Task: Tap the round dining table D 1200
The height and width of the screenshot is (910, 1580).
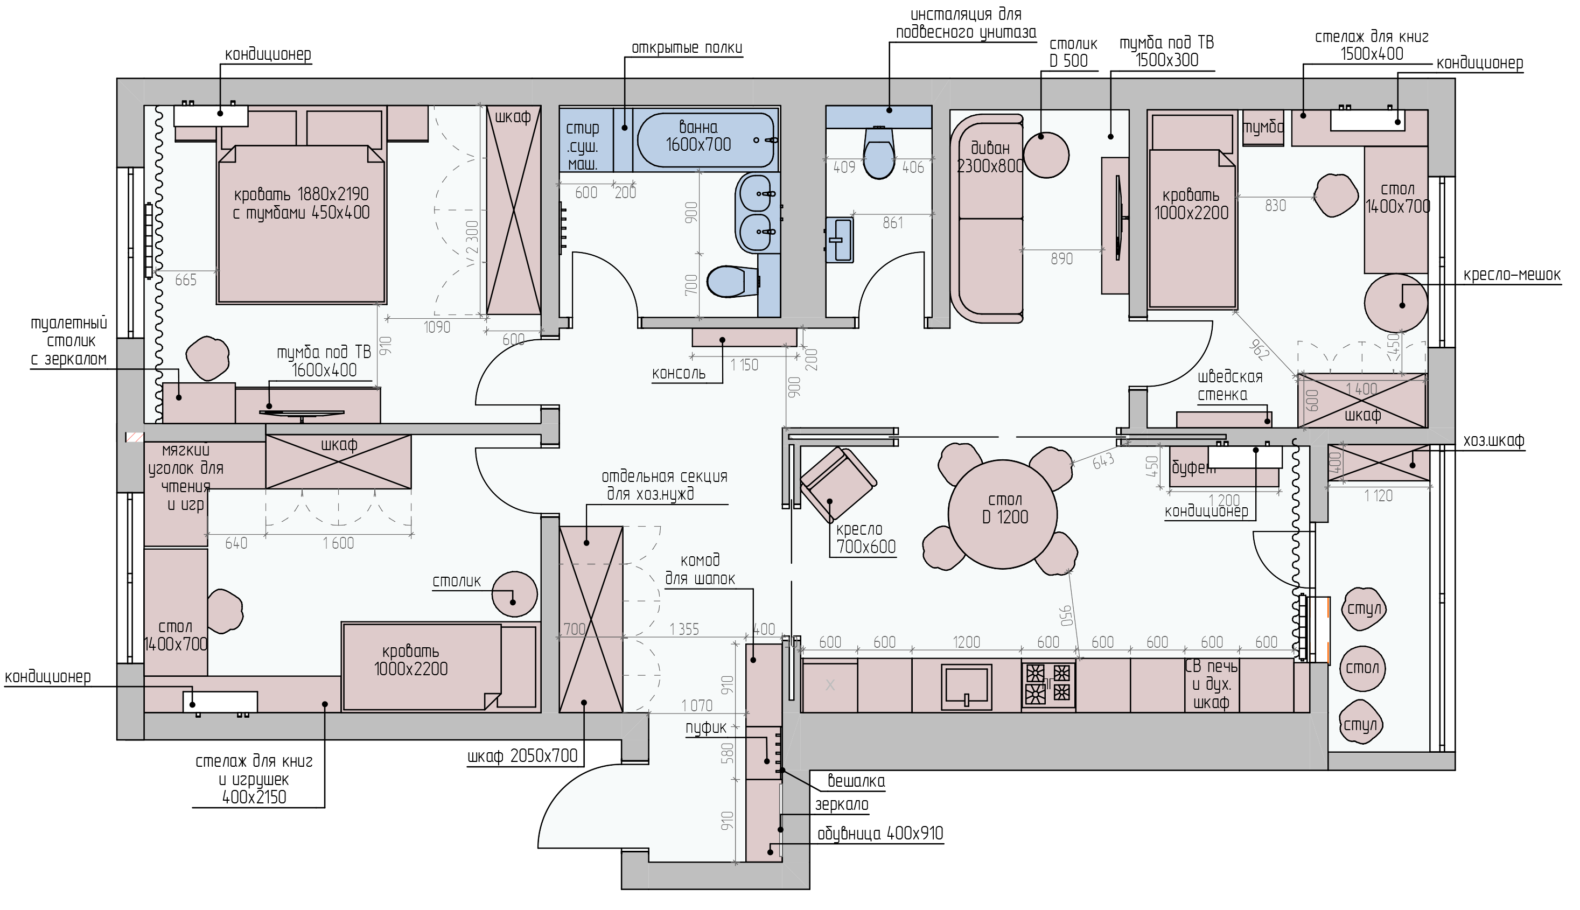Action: (x=1003, y=514)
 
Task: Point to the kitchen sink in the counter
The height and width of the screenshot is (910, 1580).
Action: (x=966, y=685)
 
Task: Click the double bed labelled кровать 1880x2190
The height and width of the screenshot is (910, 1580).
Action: (x=300, y=225)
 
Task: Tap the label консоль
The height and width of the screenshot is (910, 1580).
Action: (x=678, y=374)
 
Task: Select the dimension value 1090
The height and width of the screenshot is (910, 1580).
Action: (x=436, y=327)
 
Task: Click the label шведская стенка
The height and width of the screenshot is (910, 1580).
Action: (x=1229, y=386)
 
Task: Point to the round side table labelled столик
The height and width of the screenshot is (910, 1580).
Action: (x=514, y=594)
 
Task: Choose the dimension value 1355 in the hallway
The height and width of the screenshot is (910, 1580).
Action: (x=684, y=629)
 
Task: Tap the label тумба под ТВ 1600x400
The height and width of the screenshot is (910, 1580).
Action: (x=324, y=361)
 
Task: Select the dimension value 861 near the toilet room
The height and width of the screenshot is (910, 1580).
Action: (x=892, y=223)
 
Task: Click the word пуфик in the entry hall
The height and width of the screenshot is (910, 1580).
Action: (x=705, y=727)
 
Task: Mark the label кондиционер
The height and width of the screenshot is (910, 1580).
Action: (x=1206, y=511)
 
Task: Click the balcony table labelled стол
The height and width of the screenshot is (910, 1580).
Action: (x=1362, y=668)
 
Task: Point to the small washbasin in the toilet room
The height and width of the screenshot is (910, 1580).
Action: (x=840, y=240)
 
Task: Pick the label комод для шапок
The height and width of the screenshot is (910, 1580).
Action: (x=700, y=569)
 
